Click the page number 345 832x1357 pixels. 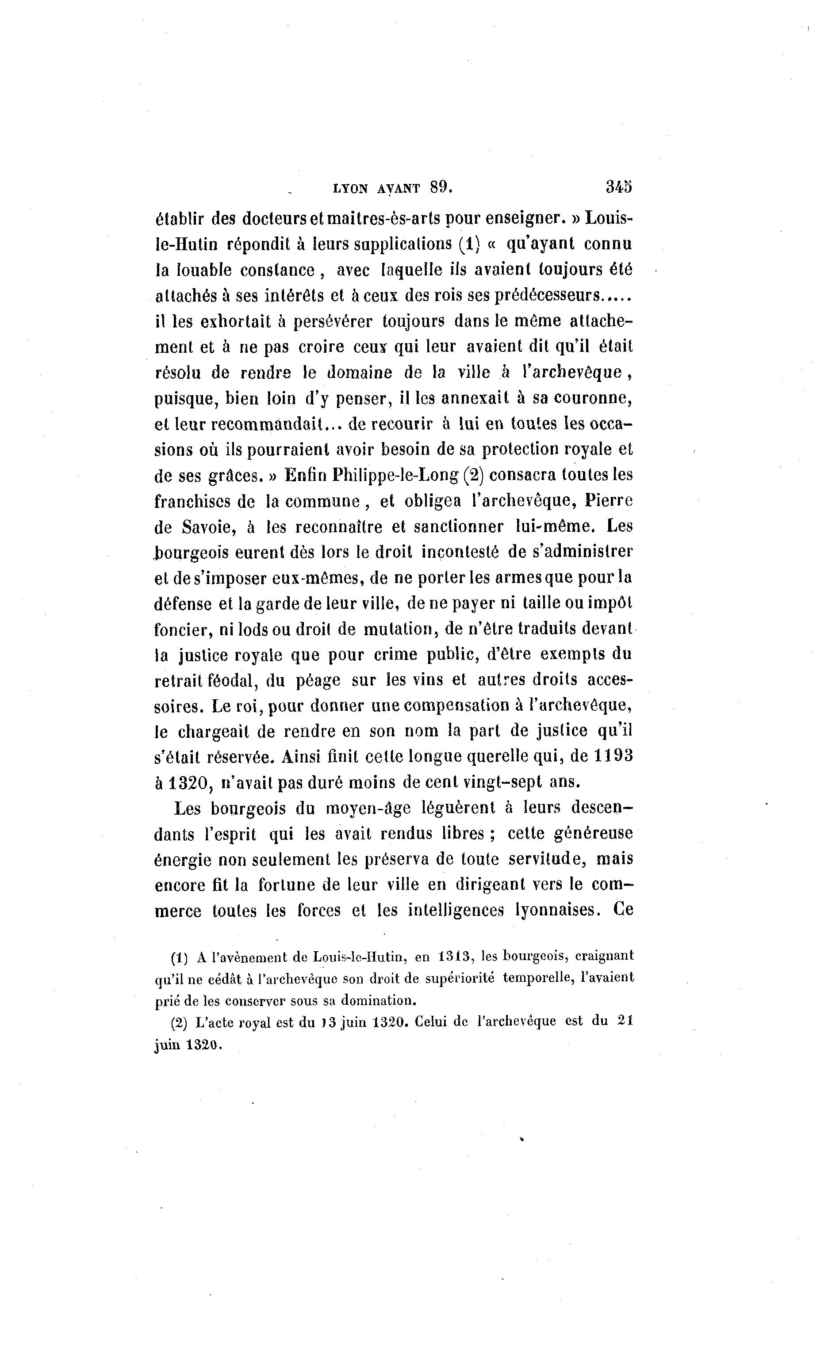618,187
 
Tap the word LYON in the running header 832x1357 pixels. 350,188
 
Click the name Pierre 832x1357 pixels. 609,501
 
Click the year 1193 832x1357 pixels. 613,757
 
